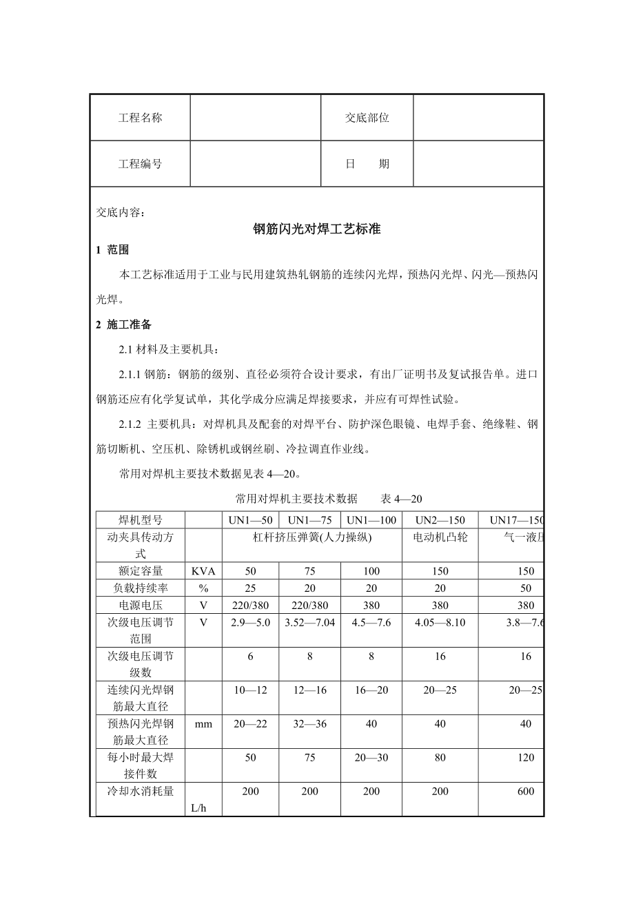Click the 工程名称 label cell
click(140, 118)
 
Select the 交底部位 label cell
click(367, 118)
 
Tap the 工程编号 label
click(140, 164)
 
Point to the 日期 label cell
click(367, 164)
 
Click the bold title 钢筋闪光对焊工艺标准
click(317, 230)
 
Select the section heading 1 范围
click(112, 250)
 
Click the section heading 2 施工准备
click(123, 324)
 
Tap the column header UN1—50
click(250, 520)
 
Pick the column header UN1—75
click(309, 520)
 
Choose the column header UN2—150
click(440, 520)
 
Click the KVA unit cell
click(203, 571)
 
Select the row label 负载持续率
click(140, 588)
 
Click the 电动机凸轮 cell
click(440, 537)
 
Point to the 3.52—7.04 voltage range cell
click(309, 623)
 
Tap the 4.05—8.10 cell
click(440, 623)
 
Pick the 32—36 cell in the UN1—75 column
click(309, 723)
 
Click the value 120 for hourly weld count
click(526, 758)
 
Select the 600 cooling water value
click(526, 792)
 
